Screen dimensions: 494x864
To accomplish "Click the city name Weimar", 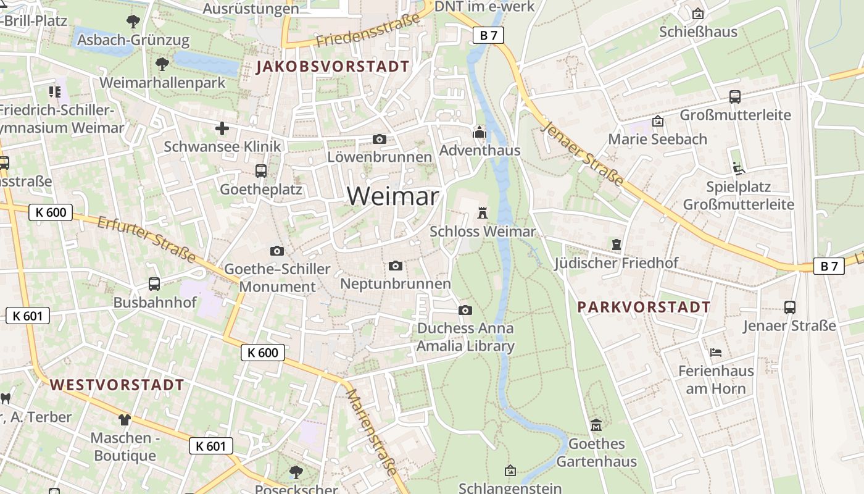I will (393, 196).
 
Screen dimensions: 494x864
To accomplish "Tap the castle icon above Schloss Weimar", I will (483, 213).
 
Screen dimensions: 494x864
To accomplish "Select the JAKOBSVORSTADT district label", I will (333, 67).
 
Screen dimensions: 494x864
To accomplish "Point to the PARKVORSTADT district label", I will (644, 307).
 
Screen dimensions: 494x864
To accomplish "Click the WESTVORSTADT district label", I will (117, 385).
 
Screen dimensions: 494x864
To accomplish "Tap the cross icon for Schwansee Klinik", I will (222, 128).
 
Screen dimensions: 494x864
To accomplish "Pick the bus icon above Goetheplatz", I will (261, 171).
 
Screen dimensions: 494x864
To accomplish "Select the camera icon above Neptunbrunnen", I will (396, 266).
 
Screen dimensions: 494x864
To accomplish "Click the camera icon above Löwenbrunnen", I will (380, 140).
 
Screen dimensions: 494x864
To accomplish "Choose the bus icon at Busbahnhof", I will (154, 284).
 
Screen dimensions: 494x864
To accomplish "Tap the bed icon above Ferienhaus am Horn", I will (716, 353).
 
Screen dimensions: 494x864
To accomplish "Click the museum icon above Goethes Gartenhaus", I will (596, 425).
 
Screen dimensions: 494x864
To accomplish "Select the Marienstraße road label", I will (371, 432).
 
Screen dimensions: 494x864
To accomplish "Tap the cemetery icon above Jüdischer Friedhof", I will (616, 245).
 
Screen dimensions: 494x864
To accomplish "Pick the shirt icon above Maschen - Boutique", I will (125, 420).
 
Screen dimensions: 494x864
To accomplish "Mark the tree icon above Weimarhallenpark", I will (162, 64).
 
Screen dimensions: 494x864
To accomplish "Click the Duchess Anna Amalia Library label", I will (465, 337).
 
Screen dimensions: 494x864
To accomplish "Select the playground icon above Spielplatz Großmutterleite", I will (738, 168).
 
